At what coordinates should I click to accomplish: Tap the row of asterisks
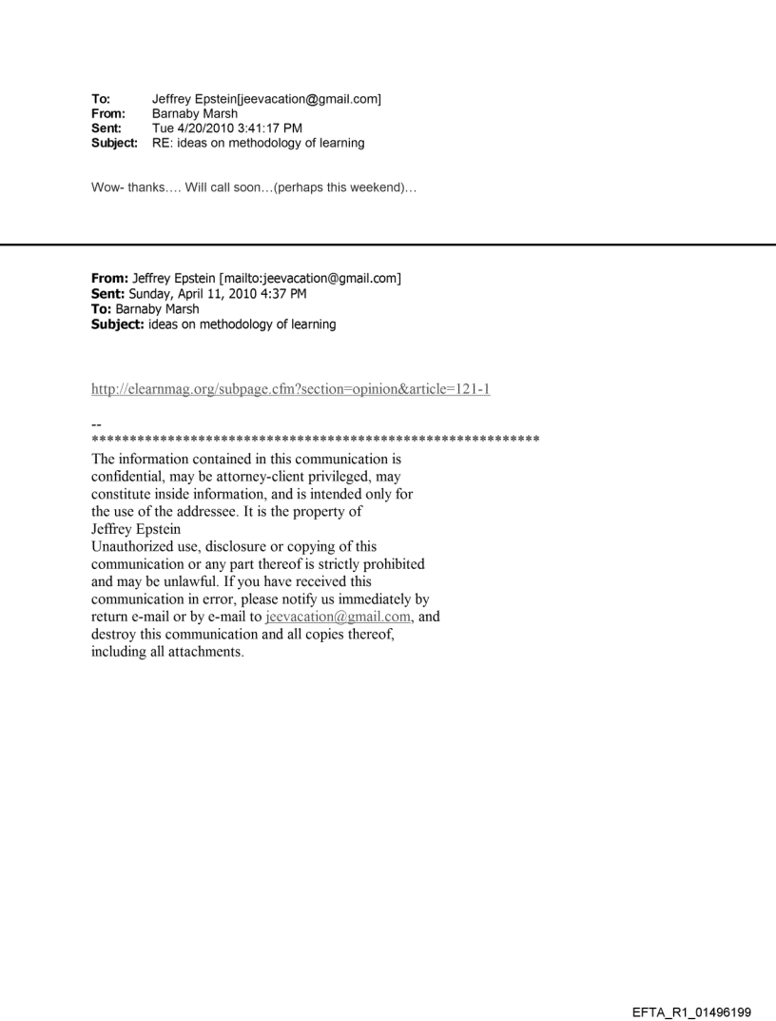315,441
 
